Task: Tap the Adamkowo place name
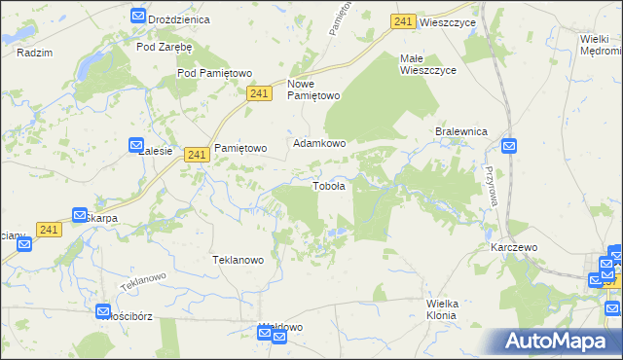pyautogui.click(x=320, y=142)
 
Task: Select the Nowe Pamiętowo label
pyautogui.click(x=313, y=90)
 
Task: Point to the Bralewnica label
pyautogui.click(x=460, y=131)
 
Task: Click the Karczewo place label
pyautogui.click(x=514, y=247)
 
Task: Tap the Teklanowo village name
pyautogui.click(x=238, y=260)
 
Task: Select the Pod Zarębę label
pyautogui.click(x=165, y=46)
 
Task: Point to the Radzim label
pyautogui.click(x=34, y=53)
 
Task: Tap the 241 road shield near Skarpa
pyautogui.click(x=50, y=229)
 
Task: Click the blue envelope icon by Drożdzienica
pyautogui.click(x=137, y=16)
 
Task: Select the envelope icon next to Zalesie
pyautogui.click(x=136, y=145)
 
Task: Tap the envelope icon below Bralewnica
pyautogui.click(x=510, y=147)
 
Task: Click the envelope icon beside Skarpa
pyautogui.click(x=81, y=214)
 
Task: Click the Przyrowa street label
pyautogui.click(x=489, y=180)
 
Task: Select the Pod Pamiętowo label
pyautogui.click(x=214, y=73)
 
